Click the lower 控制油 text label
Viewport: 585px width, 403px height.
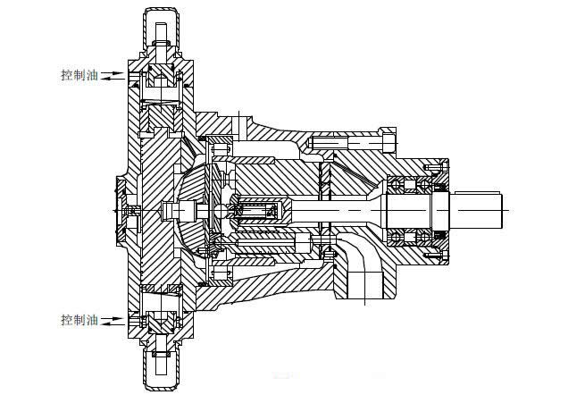point(79,319)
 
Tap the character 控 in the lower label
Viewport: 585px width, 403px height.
point(66,319)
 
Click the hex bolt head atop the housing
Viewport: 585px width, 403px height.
point(386,141)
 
